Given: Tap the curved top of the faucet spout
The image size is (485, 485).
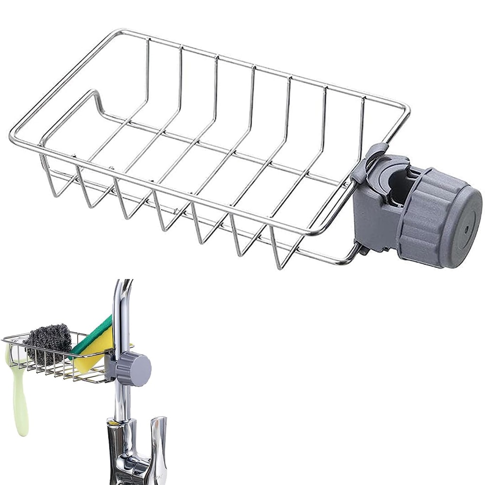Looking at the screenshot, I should click(124, 289).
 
